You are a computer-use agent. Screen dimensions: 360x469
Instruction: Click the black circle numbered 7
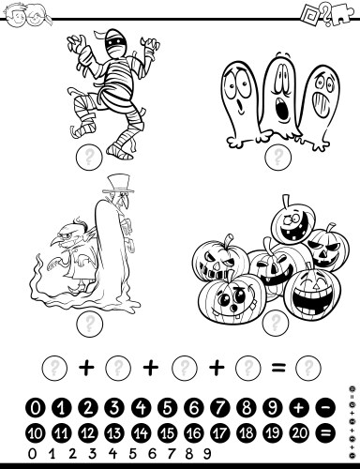tap(220, 408)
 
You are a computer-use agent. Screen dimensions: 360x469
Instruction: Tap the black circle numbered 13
tap(114, 433)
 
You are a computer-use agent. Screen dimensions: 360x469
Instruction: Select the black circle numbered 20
tap(299, 433)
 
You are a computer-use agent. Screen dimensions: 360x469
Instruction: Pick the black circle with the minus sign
tap(325, 408)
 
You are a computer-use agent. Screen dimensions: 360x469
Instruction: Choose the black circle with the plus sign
tap(299, 408)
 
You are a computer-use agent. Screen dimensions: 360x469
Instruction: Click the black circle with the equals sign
tap(325, 433)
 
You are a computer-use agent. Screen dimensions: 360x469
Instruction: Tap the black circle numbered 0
tap(36, 408)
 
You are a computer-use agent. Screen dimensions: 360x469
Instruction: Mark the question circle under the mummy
tap(89, 157)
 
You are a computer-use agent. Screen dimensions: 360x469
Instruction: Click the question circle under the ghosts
tap(278, 157)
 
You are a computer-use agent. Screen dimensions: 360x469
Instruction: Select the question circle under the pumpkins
tap(276, 322)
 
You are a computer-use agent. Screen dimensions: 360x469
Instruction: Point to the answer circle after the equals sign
tap(308, 367)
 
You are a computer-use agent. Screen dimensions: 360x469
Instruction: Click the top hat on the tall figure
tap(118, 185)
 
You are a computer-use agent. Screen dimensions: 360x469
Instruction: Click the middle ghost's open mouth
tap(282, 112)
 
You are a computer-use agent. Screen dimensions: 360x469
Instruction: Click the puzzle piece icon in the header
tap(342, 14)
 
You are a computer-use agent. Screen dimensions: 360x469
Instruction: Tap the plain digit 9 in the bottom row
tap(207, 454)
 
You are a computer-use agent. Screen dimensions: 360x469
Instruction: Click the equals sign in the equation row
tap(278, 367)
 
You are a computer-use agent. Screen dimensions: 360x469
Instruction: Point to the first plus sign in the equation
tap(86, 367)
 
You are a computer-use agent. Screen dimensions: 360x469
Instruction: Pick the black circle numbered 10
tap(36, 433)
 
